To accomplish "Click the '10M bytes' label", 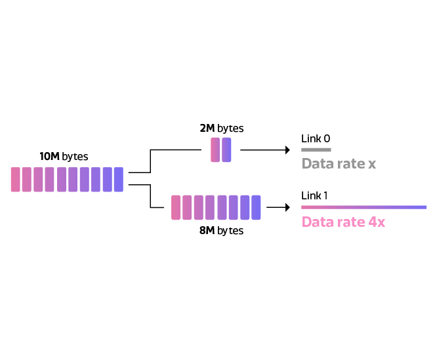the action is [x=64, y=157].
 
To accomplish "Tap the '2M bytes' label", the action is [x=222, y=129].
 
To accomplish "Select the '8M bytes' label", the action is [x=221, y=231].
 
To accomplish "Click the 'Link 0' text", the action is [x=316, y=138].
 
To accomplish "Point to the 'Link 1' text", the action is [x=314, y=195].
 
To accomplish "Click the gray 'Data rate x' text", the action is [x=339, y=163].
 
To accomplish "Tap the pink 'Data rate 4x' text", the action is [x=343, y=222].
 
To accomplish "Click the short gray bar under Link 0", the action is [x=316, y=150].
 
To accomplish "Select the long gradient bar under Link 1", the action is [x=364, y=207].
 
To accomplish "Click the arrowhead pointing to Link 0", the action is [x=287, y=150].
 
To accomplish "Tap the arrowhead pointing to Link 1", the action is [x=287, y=207].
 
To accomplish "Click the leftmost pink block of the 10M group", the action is [x=15, y=179].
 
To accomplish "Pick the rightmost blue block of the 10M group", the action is [x=119, y=179].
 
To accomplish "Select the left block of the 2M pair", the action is [x=215, y=150].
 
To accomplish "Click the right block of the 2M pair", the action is [x=226, y=150].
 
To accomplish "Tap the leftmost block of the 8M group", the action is [x=176, y=207].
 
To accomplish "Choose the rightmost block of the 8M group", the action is [x=256, y=207].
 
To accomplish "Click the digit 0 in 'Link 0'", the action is [x=327, y=138].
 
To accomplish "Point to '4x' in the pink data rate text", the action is [x=377, y=222].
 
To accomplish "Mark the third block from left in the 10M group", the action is [x=38, y=179].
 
